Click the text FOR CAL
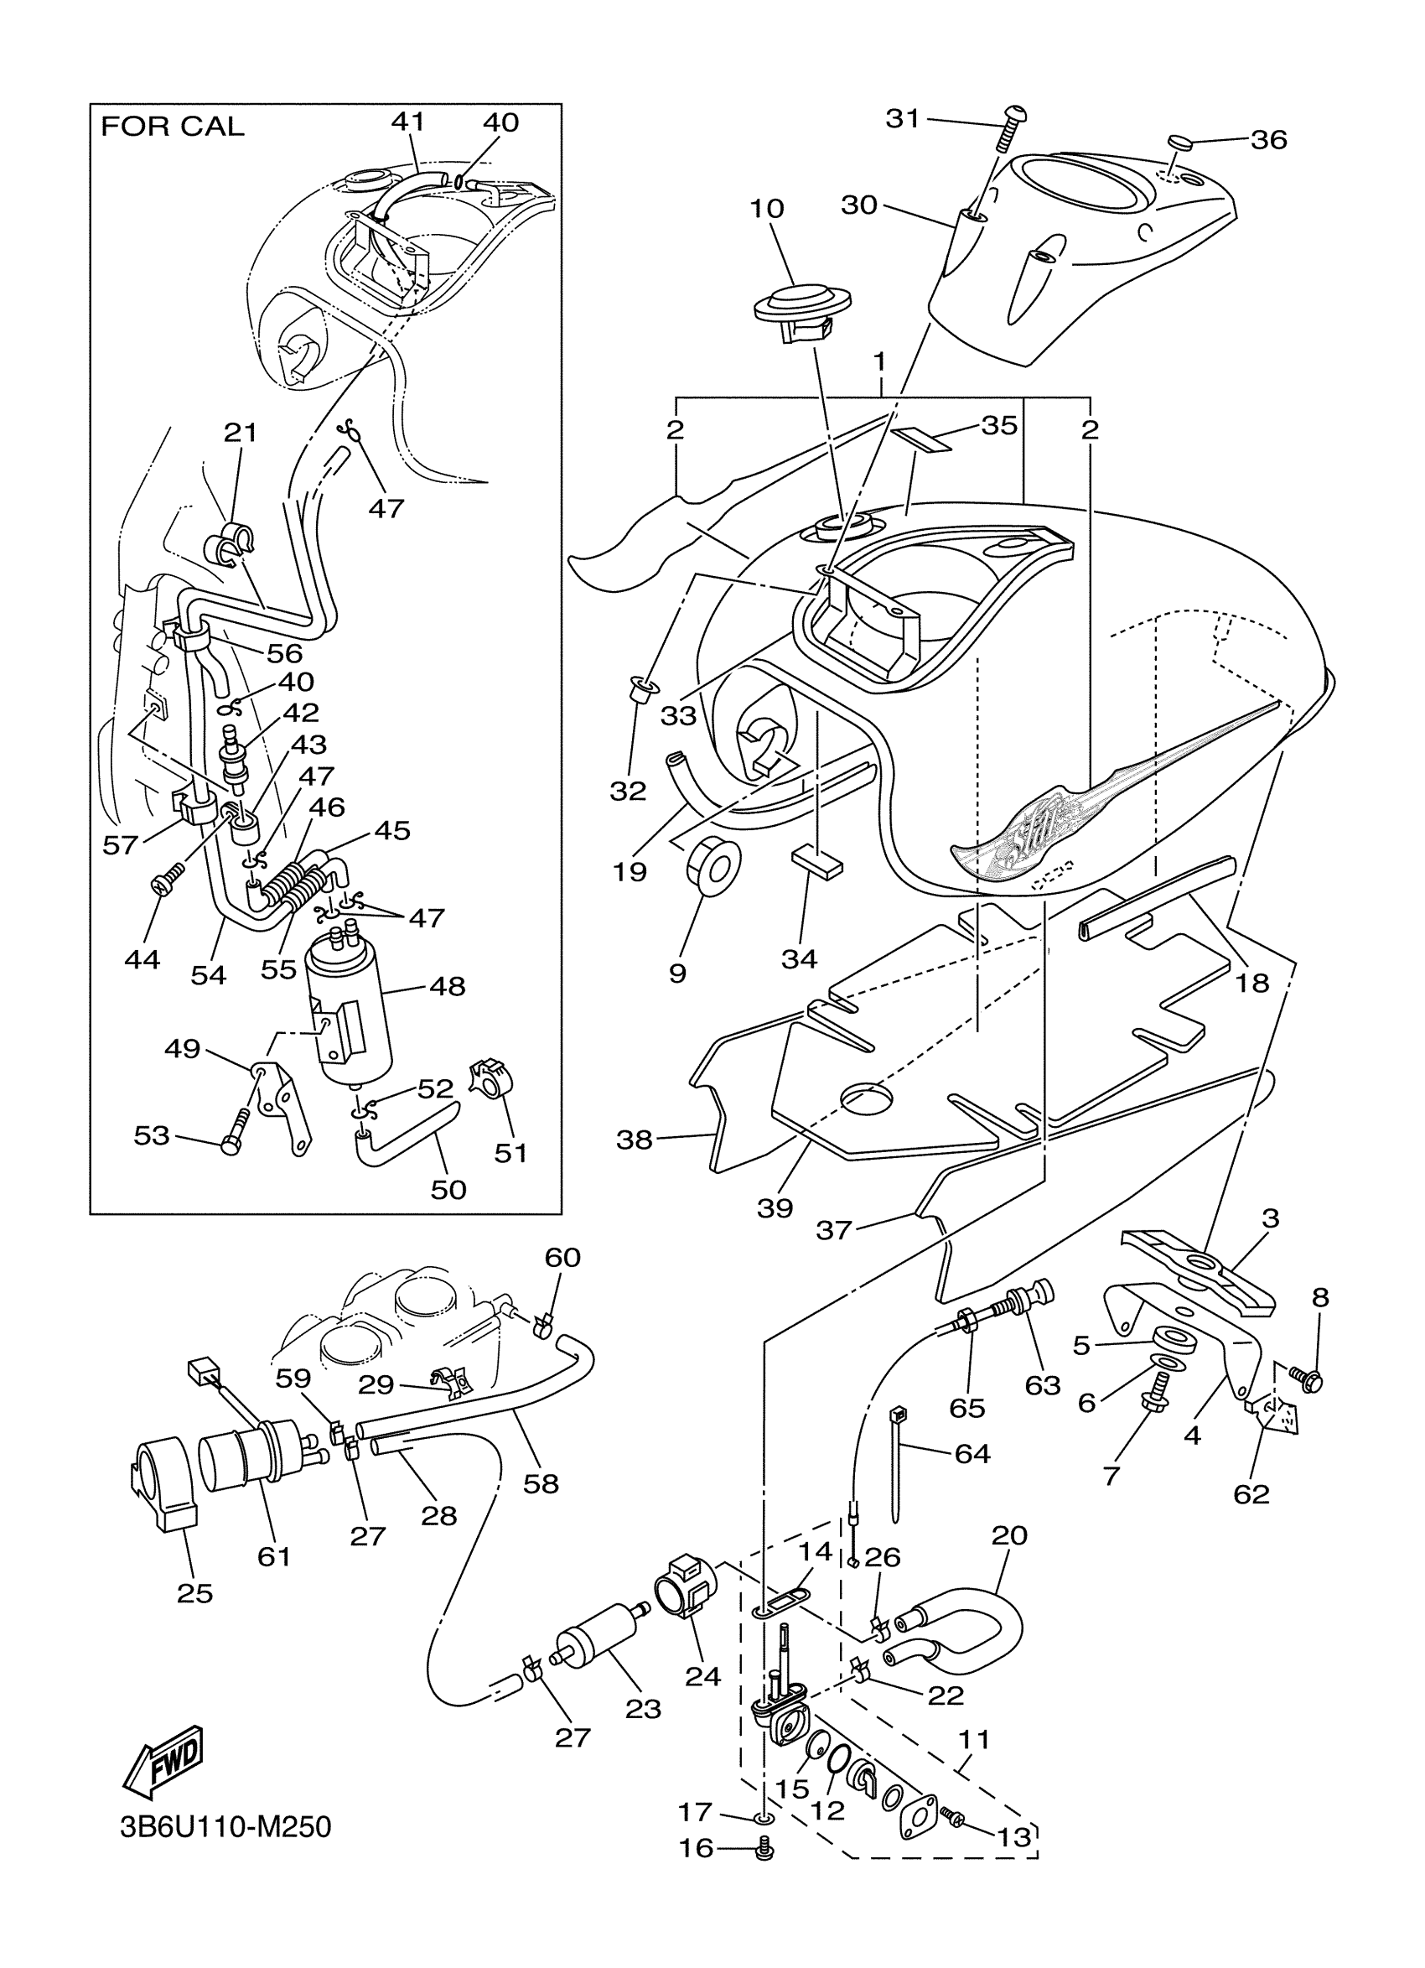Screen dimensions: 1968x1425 point(173,127)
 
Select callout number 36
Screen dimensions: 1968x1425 point(1269,140)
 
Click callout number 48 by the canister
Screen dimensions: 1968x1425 point(448,986)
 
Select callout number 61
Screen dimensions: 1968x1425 point(274,1556)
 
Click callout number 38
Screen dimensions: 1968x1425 point(634,1140)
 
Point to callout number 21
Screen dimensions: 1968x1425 point(241,431)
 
